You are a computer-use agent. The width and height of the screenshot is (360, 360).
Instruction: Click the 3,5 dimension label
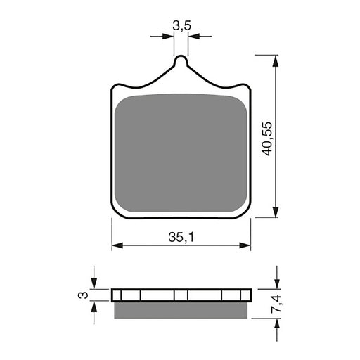[x=181, y=26]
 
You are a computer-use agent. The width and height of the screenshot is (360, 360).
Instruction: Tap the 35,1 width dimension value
[x=181, y=238]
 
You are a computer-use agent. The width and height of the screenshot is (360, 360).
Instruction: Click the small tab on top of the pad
[x=181, y=63]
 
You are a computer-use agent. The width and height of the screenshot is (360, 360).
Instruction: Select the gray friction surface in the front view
[x=181, y=151]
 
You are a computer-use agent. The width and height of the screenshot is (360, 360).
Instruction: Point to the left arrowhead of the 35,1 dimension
[x=117, y=246]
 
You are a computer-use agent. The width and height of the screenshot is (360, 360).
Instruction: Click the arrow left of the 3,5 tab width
[x=169, y=34]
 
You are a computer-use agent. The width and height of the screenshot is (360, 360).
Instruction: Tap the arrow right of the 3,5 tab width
[x=195, y=34]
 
